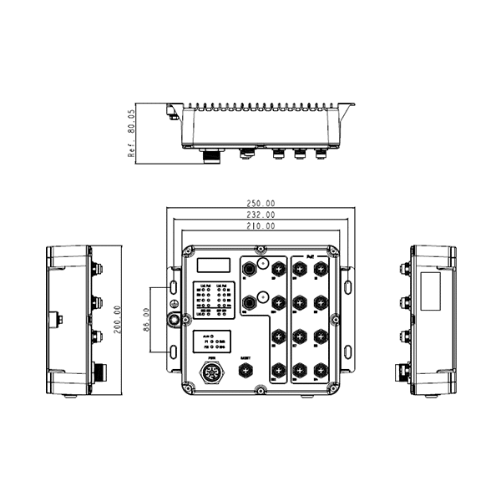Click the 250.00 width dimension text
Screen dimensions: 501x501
click(260, 203)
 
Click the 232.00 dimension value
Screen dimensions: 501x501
click(260, 215)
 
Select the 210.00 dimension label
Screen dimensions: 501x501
click(260, 226)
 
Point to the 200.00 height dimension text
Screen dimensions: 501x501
click(118, 321)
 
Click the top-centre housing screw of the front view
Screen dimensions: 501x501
click(260, 249)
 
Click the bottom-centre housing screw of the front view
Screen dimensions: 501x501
click(260, 390)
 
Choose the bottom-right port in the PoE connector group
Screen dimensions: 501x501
click(321, 369)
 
